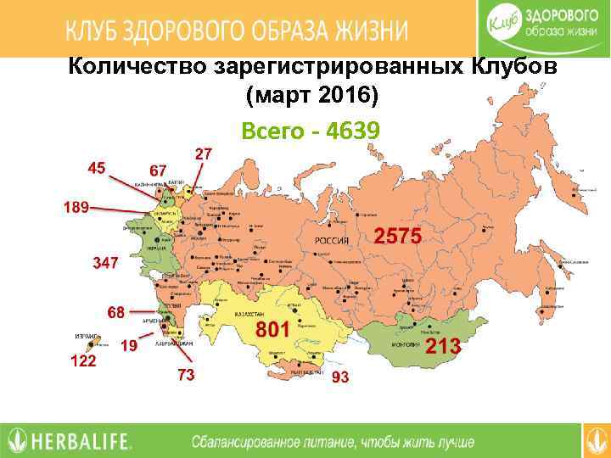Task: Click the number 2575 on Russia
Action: click(397, 238)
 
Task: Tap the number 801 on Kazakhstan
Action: click(273, 328)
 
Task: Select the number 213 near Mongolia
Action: click(442, 346)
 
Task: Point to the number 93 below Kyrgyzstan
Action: click(340, 377)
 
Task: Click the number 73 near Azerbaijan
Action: click(186, 374)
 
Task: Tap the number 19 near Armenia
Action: click(129, 345)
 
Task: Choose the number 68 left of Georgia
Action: click(115, 312)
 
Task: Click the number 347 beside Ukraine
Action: click(104, 264)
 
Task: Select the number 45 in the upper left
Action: click(97, 167)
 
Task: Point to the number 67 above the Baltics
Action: click(157, 170)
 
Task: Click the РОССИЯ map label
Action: click(333, 241)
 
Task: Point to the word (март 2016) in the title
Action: click(311, 96)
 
